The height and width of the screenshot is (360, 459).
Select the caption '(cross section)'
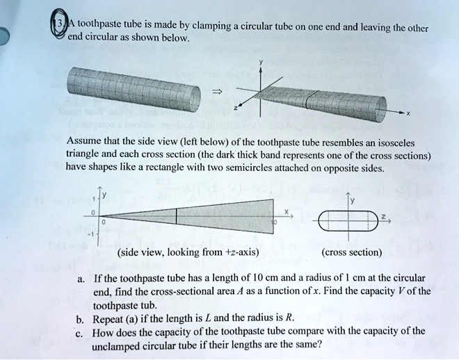coord(353,252)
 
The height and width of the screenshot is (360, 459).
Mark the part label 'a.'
coord(81,279)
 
